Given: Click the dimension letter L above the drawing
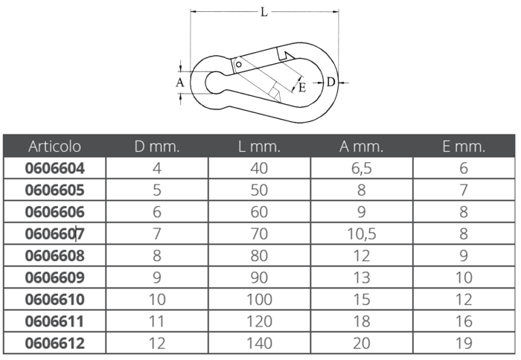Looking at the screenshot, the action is (263, 13).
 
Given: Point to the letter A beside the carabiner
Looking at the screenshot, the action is (180, 83).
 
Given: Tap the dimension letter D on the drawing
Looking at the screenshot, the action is (330, 82).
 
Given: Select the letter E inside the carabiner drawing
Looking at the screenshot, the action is (302, 88).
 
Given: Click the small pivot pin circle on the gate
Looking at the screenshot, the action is (238, 64).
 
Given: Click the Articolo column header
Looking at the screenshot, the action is (54, 146).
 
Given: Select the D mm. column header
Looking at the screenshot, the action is (157, 146).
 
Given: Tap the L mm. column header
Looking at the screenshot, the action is (259, 146).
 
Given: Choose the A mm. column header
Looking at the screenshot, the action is (361, 146).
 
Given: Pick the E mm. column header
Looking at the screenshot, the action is (464, 146).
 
